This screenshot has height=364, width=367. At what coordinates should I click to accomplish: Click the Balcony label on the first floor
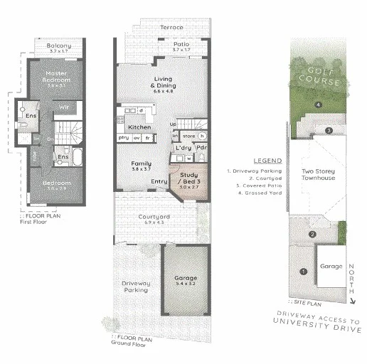(58, 47)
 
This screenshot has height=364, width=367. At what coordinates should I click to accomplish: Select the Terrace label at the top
(171, 28)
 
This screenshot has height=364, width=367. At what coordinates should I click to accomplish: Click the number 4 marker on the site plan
(318, 105)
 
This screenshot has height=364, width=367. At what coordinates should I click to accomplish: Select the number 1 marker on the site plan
(304, 271)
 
